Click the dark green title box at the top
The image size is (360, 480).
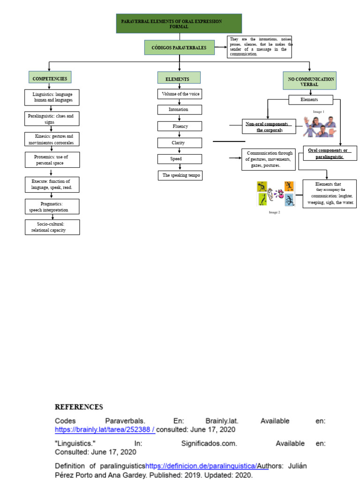pos(179,23)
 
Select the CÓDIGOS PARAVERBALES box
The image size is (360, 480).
pos(179,48)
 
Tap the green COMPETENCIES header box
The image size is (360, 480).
pos(50,78)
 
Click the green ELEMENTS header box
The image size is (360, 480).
pos(179,78)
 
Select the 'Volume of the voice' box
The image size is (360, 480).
pos(180,94)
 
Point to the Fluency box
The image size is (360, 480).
pos(180,126)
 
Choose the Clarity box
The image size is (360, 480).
pos(180,142)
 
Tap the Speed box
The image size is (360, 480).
pos(180,159)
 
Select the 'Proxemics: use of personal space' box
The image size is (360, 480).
pos(52,160)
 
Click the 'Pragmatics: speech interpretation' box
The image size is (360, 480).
pos(52,207)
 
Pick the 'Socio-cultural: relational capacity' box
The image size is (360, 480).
pos(52,227)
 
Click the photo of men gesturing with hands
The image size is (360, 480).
pos(319,127)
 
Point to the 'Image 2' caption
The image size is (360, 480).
pos(274,212)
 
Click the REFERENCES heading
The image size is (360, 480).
pos(79,407)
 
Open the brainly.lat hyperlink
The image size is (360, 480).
pos(105,429)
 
